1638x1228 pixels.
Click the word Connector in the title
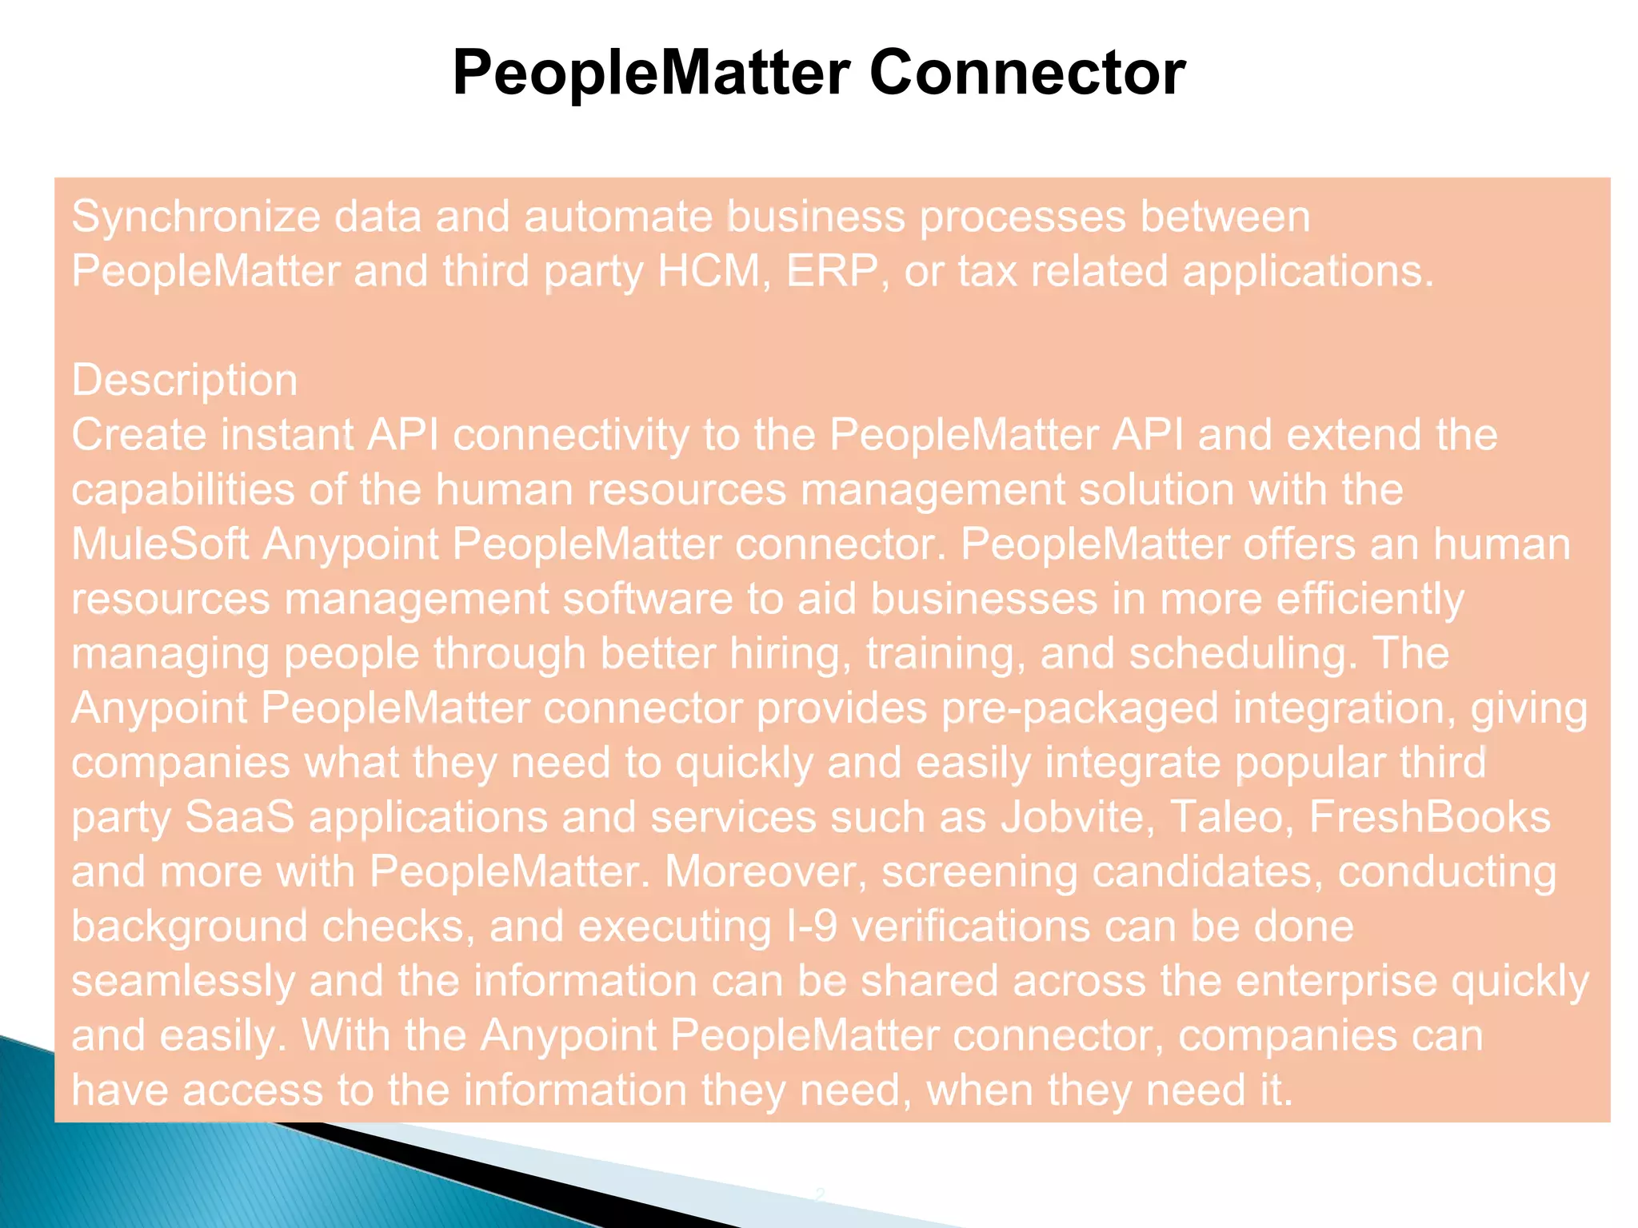pyautogui.click(x=1027, y=74)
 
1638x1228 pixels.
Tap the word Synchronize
pyautogui.click(x=196, y=217)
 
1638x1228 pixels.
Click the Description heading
pyautogui.click(x=185, y=381)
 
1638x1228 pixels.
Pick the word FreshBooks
pyautogui.click(x=1429, y=818)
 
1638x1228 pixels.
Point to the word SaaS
pyautogui.click(x=240, y=818)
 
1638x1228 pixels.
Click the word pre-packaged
pyautogui.click(x=1080, y=709)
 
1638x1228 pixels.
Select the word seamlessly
pyautogui.click(x=183, y=982)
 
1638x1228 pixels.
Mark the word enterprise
pyautogui.click(x=1336, y=982)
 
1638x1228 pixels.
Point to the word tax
pyautogui.click(x=987, y=272)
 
